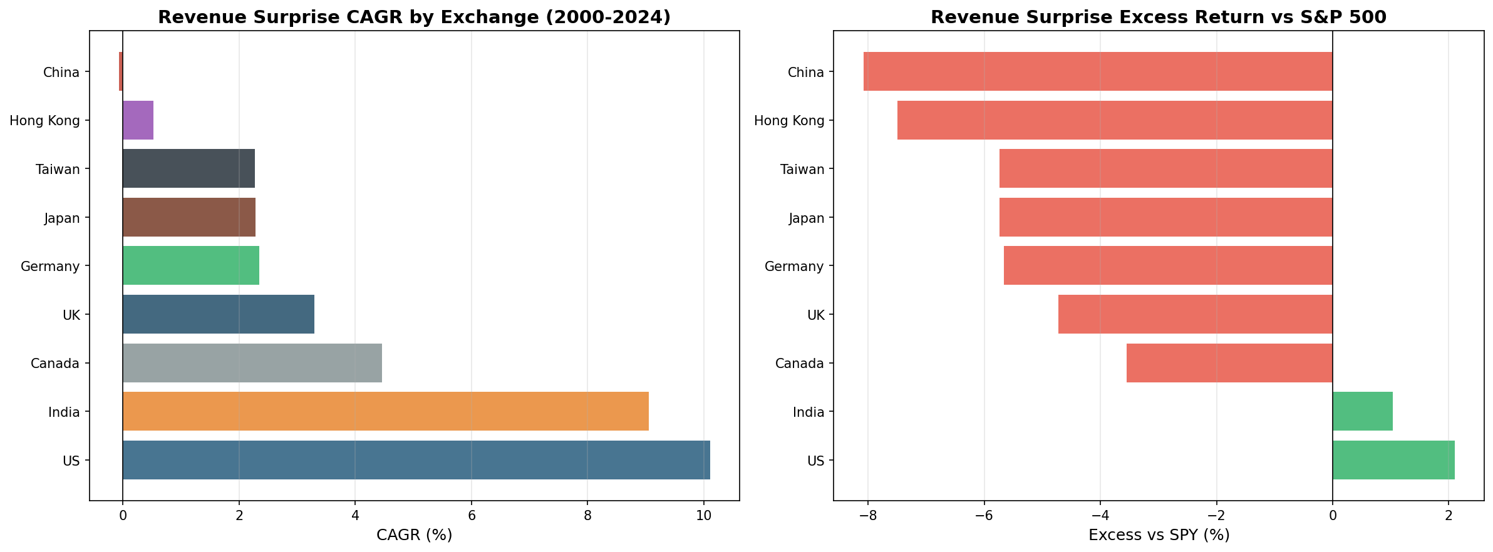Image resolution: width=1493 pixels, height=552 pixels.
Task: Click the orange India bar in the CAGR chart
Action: coord(385,411)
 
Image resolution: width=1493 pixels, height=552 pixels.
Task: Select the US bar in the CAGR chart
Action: coord(416,460)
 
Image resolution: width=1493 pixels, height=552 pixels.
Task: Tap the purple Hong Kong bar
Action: coord(138,120)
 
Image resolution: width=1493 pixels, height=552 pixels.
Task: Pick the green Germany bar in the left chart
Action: coord(191,266)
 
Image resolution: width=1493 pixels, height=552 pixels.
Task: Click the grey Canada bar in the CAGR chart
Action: coord(252,363)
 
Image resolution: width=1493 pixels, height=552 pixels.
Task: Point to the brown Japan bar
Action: coord(189,217)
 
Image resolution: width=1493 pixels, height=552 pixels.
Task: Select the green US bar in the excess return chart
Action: coord(1393,460)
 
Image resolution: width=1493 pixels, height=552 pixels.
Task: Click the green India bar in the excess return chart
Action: coord(1362,411)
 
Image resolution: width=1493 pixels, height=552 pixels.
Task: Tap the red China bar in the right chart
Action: coord(1098,71)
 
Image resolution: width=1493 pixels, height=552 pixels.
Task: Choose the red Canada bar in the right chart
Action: coord(1229,363)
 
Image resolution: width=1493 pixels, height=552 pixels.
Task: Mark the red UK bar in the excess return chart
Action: coord(1195,314)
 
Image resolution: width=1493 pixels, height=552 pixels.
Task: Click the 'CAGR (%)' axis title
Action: coord(414,535)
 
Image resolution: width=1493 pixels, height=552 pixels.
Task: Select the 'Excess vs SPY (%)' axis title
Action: coord(1159,535)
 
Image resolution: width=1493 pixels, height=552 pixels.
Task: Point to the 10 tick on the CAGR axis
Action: coord(703,516)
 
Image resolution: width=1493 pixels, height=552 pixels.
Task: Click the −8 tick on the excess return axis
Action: coord(867,516)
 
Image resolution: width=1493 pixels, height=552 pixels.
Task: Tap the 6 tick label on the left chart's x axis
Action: coord(471,516)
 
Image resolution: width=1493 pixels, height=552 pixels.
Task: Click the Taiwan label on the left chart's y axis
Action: coord(58,169)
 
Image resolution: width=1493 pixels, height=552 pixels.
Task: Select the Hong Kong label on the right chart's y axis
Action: coord(789,120)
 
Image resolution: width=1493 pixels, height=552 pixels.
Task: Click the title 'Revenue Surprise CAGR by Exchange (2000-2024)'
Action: coord(414,17)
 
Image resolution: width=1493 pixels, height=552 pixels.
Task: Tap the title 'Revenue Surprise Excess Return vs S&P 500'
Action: coord(1158,17)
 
